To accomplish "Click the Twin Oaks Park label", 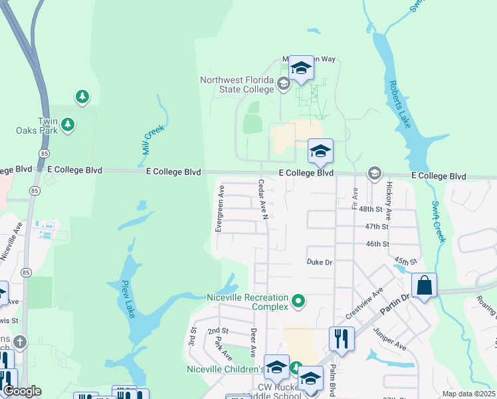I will (x=38, y=125).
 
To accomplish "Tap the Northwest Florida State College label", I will (x=237, y=84).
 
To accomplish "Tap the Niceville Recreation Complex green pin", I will (x=298, y=301).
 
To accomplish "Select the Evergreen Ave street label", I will (x=220, y=208).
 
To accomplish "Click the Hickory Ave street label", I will (x=389, y=201).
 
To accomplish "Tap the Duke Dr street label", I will (x=319, y=262).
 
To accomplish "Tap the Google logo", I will (x=23, y=391).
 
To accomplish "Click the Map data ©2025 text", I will (x=468, y=394).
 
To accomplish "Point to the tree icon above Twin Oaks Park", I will (x=82, y=97).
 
